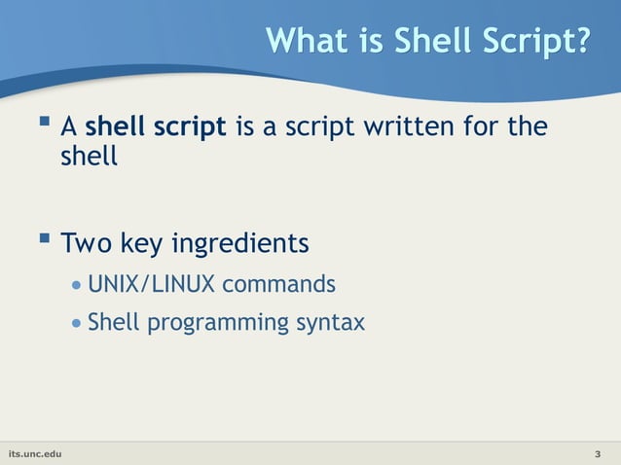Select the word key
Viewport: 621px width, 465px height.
tap(142, 242)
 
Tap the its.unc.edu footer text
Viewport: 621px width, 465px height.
tap(34, 454)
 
